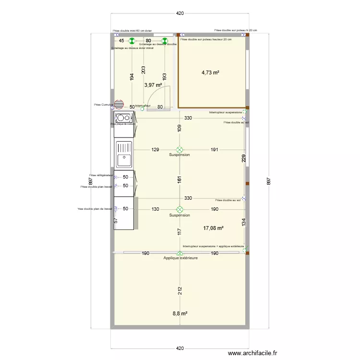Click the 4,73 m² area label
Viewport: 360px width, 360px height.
point(210,72)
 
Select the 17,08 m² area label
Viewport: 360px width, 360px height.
point(214,228)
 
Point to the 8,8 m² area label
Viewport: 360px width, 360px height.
point(180,313)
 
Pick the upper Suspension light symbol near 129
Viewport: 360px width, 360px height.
point(180,150)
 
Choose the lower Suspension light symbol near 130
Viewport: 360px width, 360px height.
point(180,210)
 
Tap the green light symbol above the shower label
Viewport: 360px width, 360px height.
point(165,41)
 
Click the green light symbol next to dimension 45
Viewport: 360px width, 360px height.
point(131,41)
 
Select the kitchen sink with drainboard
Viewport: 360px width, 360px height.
point(124,153)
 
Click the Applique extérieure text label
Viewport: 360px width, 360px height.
point(180,258)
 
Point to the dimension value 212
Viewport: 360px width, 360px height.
point(179,291)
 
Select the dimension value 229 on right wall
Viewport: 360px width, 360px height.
point(244,159)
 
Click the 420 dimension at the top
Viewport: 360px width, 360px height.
point(180,13)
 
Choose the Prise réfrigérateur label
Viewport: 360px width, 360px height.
point(100,175)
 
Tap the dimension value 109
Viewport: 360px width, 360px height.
point(179,128)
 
